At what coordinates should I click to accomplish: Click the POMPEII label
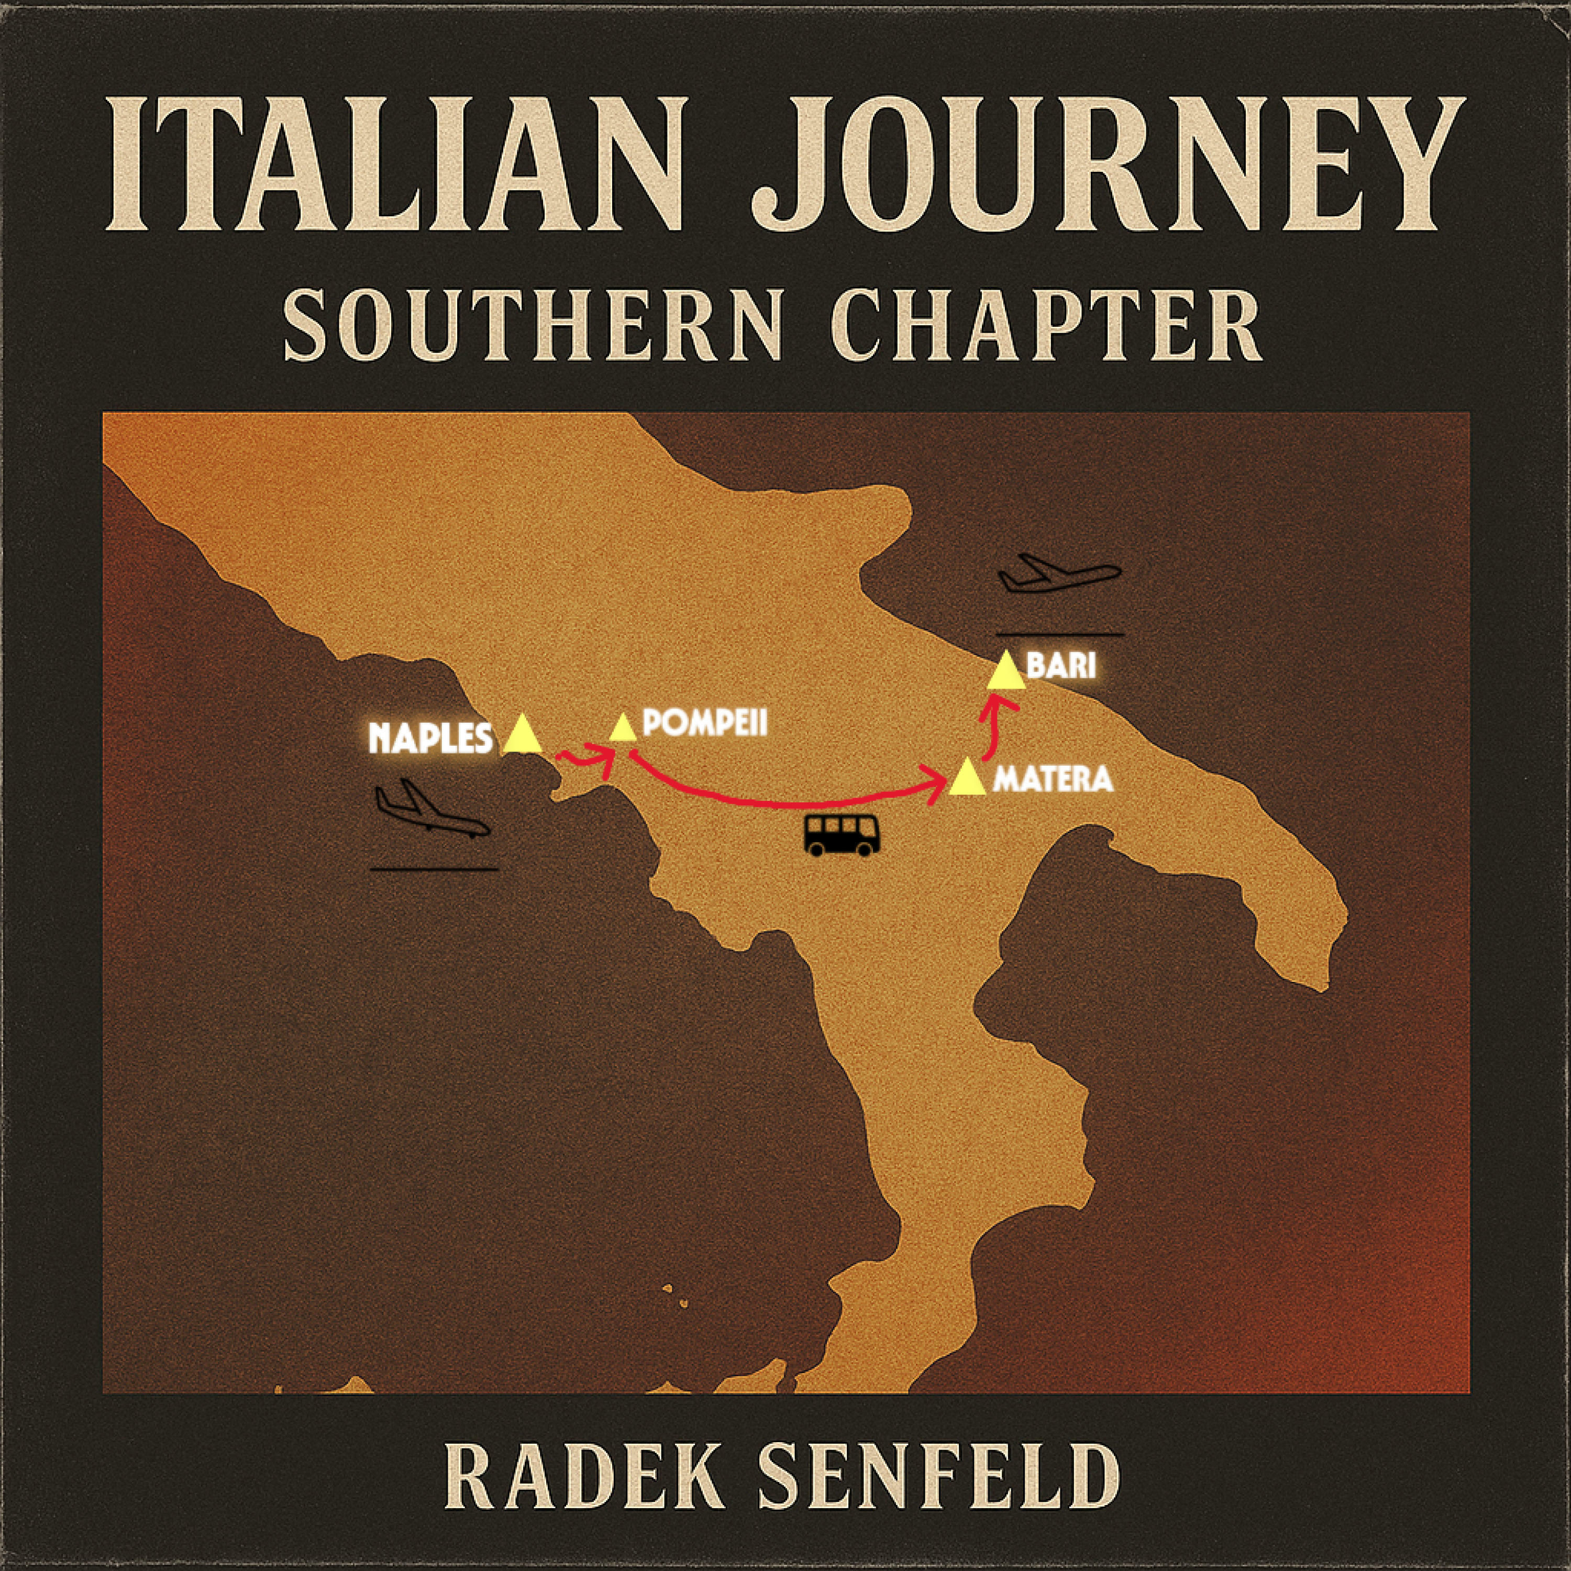(x=704, y=723)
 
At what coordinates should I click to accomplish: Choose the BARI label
(x=1061, y=666)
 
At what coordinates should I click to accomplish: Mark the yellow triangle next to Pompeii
(x=622, y=728)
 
